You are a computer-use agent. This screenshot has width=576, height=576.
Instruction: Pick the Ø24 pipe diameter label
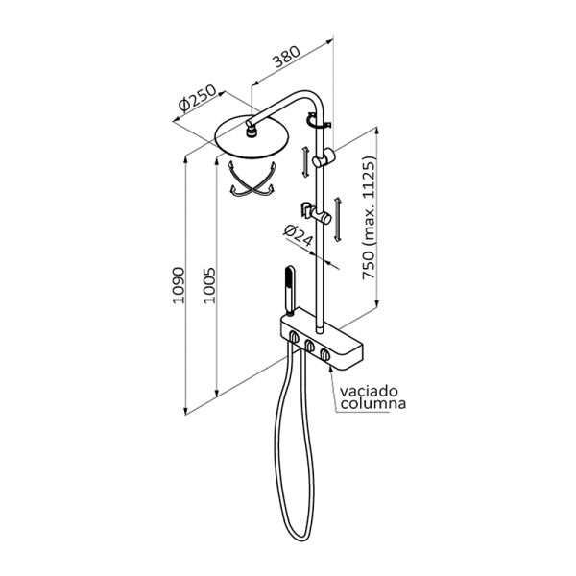click(x=298, y=235)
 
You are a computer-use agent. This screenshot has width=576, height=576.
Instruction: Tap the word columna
click(x=372, y=404)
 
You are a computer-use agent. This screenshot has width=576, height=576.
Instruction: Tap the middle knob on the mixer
click(x=310, y=346)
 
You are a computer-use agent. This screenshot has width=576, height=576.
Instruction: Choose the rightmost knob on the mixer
click(x=328, y=356)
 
